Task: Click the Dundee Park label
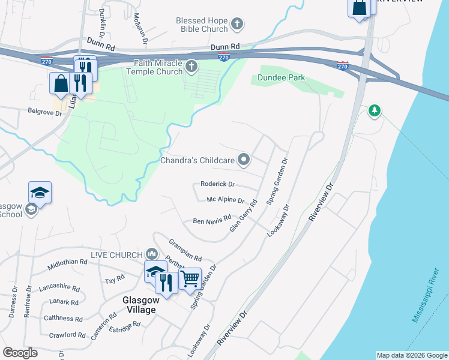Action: tap(281, 77)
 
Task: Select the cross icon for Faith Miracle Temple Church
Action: tap(191, 67)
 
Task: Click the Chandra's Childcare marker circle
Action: tap(244, 160)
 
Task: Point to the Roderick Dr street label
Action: tap(217, 184)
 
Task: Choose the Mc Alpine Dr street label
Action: tap(225, 200)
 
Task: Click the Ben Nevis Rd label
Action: tap(212, 221)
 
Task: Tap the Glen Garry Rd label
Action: tap(243, 216)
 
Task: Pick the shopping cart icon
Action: tap(190, 277)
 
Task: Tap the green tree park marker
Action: tap(375, 110)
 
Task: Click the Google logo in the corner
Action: tap(20, 353)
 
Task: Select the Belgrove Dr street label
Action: tap(45, 111)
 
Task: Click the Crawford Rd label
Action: tap(68, 335)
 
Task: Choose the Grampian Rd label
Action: tap(185, 248)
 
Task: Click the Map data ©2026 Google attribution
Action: tap(411, 355)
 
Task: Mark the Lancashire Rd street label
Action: tap(59, 287)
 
